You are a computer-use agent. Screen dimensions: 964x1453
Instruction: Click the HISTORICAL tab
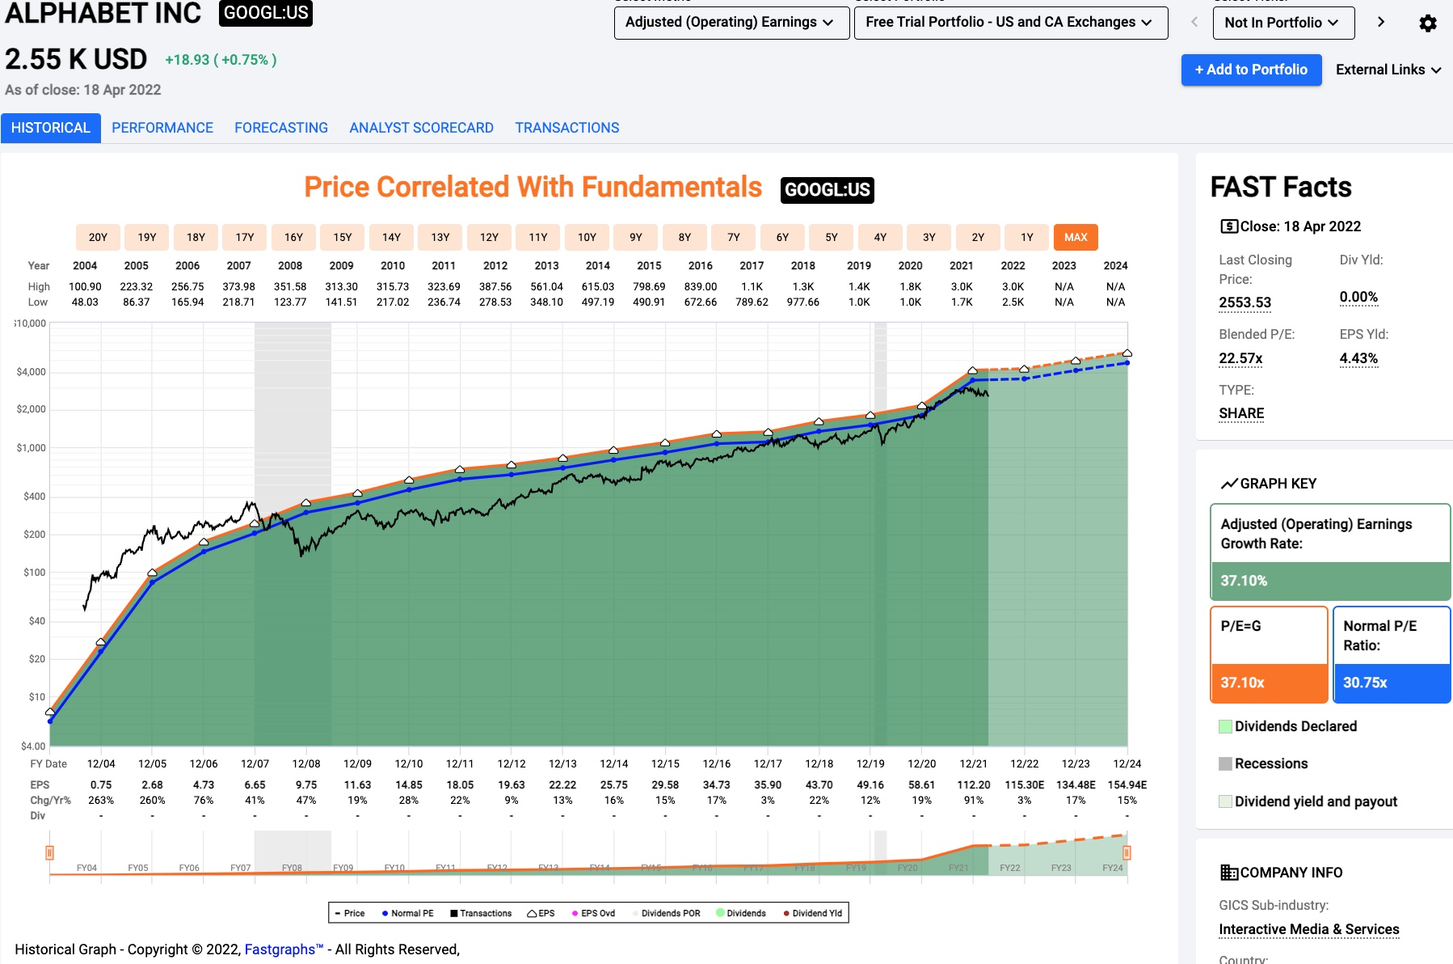click(x=50, y=128)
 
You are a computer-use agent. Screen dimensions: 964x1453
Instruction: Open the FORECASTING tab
click(x=281, y=128)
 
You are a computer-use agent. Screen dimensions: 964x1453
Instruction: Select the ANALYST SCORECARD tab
click(x=421, y=128)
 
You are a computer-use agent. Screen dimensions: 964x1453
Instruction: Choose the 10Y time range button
click(x=587, y=237)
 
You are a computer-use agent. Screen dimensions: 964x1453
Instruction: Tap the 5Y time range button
click(x=831, y=237)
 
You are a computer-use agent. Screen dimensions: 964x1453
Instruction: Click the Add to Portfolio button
click(x=1251, y=70)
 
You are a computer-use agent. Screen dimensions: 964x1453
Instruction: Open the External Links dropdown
click(x=1388, y=70)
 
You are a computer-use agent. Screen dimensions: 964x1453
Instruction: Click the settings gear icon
click(x=1428, y=23)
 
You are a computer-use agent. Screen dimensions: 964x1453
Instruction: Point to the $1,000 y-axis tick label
click(x=32, y=448)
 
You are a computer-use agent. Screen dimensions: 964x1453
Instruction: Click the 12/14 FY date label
click(x=614, y=763)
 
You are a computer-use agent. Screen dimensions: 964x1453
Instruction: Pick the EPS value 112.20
click(x=973, y=784)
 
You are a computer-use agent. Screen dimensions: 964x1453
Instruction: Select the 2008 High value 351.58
click(x=290, y=286)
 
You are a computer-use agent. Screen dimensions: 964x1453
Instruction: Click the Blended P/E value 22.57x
click(x=1240, y=358)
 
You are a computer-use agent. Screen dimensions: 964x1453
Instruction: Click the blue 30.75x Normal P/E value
click(x=1365, y=683)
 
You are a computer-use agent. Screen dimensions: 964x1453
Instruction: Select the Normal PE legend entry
click(x=408, y=913)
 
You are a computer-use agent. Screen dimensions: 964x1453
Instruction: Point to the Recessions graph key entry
click(x=1270, y=763)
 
